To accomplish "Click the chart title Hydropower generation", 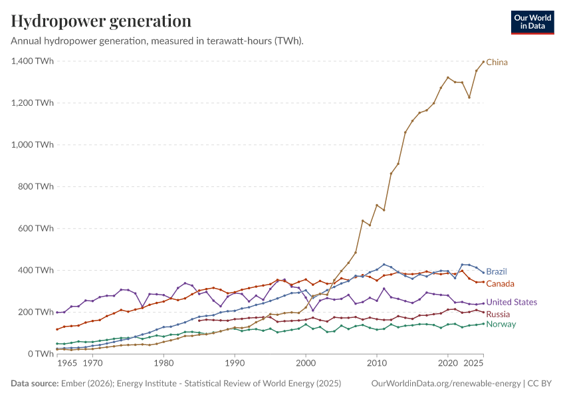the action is pyautogui.click(x=101, y=21).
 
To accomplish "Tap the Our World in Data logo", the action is pyautogui.click(x=532, y=23).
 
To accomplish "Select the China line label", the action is pyautogui.click(x=497, y=63).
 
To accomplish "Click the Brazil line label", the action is pyautogui.click(x=497, y=271).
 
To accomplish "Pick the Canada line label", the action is pyautogui.click(x=500, y=284).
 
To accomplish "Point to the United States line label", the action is pyautogui.click(x=512, y=302).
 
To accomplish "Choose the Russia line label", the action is pyautogui.click(x=498, y=315).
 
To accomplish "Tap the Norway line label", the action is pyautogui.click(x=501, y=324).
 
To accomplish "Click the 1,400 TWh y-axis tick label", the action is pyautogui.click(x=33, y=61).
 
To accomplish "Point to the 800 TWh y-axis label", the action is pyautogui.click(x=36, y=186).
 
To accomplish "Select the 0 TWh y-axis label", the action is pyautogui.click(x=41, y=354).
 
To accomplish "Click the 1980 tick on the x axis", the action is pyautogui.click(x=164, y=363).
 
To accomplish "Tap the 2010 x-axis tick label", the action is pyautogui.click(x=377, y=363).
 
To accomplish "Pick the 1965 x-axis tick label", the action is pyautogui.click(x=67, y=363).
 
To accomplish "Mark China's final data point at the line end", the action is pyautogui.click(x=483, y=62).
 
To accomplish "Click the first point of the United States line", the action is pyautogui.click(x=57, y=312).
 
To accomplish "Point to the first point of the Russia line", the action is pyautogui.click(x=199, y=321).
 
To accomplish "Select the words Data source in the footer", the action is pyautogui.click(x=35, y=383).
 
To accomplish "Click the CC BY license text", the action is pyautogui.click(x=540, y=383).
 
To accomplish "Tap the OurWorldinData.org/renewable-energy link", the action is pyautogui.click(x=446, y=383).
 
